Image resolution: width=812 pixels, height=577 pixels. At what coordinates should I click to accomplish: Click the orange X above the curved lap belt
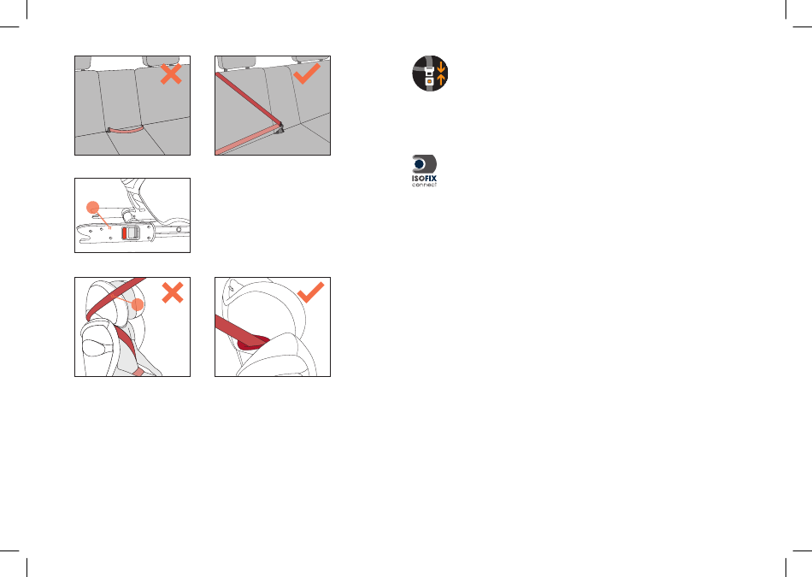coord(171,74)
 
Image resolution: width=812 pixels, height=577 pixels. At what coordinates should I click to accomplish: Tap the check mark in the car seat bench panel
coord(307,74)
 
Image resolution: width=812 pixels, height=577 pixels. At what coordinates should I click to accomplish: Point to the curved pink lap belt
coord(126,130)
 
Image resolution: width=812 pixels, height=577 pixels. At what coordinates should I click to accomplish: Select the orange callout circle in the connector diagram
coord(92,207)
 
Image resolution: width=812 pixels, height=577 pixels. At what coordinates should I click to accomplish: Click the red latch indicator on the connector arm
coord(124,233)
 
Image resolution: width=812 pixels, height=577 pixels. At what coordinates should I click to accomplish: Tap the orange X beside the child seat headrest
coord(173,292)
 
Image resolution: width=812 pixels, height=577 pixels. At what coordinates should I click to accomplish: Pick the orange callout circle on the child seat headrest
coord(138,304)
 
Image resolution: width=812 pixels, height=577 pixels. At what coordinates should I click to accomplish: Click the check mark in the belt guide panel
coord(311,292)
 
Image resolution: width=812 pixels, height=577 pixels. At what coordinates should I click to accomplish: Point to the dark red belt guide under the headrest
coord(254,343)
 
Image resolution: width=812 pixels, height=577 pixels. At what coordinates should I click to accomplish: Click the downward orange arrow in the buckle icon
coord(441,67)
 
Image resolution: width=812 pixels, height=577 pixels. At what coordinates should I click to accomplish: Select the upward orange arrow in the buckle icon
coord(441,79)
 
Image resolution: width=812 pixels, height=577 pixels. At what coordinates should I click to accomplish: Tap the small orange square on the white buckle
coord(429,81)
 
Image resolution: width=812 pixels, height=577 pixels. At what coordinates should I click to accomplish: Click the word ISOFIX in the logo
coord(424,178)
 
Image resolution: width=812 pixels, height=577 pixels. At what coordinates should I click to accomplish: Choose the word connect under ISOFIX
coord(424,185)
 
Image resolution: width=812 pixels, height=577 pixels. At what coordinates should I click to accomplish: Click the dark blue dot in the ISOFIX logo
coord(420,164)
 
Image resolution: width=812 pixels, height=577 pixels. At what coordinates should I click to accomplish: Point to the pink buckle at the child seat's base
coord(138,372)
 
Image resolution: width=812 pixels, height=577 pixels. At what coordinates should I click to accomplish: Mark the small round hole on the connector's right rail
coord(179,229)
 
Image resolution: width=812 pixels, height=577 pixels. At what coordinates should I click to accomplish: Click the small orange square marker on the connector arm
coord(109,227)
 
